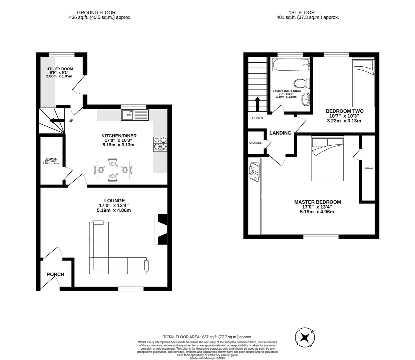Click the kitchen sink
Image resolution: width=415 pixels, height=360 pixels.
135,115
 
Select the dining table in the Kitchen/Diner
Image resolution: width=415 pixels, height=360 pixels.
113,170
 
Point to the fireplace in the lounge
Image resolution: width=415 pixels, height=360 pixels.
162,229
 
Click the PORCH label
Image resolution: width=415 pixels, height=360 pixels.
55,274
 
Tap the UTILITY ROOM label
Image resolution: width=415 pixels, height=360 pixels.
59,69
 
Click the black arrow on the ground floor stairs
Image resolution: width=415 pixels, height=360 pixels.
57,121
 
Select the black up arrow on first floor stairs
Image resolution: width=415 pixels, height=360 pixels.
257,104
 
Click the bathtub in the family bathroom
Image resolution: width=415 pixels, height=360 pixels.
291,65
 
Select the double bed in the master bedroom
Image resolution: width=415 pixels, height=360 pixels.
327,159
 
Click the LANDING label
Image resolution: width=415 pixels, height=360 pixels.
280,133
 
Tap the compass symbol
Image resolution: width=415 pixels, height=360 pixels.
304,337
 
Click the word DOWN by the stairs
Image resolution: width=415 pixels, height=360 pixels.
258,118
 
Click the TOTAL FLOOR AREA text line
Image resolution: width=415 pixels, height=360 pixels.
207,337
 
